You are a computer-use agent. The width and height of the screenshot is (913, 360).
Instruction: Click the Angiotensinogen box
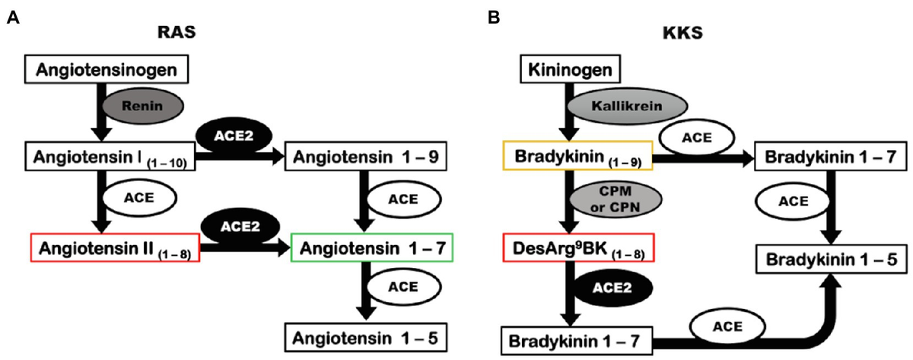(x=107, y=69)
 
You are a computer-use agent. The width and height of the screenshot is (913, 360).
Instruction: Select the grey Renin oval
(x=143, y=106)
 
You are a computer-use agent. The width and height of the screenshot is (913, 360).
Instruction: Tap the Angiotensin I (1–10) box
(x=110, y=156)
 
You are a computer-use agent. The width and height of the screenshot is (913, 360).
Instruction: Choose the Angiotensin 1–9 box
(x=366, y=156)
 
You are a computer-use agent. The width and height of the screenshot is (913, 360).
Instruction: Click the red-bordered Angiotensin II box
(x=116, y=247)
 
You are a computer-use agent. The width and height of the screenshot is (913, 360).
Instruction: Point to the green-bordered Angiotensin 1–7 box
(x=372, y=247)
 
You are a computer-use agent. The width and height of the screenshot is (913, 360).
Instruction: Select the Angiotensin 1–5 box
(x=366, y=338)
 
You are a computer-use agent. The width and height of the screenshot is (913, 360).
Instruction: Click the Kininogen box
(x=570, y=69)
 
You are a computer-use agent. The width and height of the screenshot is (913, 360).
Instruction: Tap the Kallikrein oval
(x=627, y=106)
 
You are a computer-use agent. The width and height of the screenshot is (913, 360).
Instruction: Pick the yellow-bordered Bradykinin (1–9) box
(x=578, y=156)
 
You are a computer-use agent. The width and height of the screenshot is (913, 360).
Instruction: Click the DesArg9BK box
(x=578, y=247)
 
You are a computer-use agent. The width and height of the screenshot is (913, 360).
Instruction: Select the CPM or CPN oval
(x=616, y=199)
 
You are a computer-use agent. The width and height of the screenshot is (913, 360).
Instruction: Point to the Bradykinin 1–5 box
(x=832, y=259)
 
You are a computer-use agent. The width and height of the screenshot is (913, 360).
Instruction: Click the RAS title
(x=177, y=32)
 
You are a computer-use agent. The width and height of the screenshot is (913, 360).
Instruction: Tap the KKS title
(x=682, y=33)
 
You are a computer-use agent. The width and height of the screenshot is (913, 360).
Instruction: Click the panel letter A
(x=13, y=18)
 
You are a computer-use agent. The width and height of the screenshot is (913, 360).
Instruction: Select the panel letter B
(x=494, y=18)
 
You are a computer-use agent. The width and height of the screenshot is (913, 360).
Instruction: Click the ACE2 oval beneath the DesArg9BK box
(x=612, y=288)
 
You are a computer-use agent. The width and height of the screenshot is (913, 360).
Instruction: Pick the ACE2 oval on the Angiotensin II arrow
(x=240, y=227)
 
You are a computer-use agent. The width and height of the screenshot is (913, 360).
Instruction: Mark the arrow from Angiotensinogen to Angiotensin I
(x=101, y=112)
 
